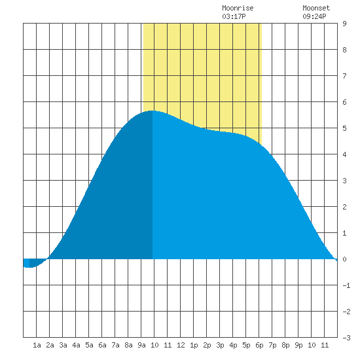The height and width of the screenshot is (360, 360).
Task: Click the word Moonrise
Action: coord(238,8)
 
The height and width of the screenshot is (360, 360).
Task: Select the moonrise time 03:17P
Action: coord(234,16)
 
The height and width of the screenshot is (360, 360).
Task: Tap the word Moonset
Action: coord(316,8)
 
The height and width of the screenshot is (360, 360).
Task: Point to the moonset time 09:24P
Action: coord(314,16)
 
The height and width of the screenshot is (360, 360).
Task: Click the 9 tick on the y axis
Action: coord(344,24)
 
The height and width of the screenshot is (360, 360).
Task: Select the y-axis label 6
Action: coord(344,102)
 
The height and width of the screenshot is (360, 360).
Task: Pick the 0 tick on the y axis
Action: coord(344,259)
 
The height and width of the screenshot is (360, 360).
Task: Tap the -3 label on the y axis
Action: coord(346,338)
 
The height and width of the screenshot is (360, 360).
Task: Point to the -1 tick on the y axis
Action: coord(346,285)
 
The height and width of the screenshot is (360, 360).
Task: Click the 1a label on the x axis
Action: coord(37,345)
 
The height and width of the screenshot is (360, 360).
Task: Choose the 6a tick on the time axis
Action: coord(102,345)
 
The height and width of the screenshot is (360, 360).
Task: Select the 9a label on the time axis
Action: coord(141,345)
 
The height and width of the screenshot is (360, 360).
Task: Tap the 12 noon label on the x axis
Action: coord(181,345)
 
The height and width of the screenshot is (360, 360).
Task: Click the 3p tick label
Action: coord(220,345)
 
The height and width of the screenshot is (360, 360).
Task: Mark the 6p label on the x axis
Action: coord(259,345)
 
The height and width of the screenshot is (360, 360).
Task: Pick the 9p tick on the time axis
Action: coord(298,345)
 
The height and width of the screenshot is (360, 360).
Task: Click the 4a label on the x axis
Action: coord(76,345)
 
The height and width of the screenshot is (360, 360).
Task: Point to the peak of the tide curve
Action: coord(152,111)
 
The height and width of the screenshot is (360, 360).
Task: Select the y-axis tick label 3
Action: coord(344,181)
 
